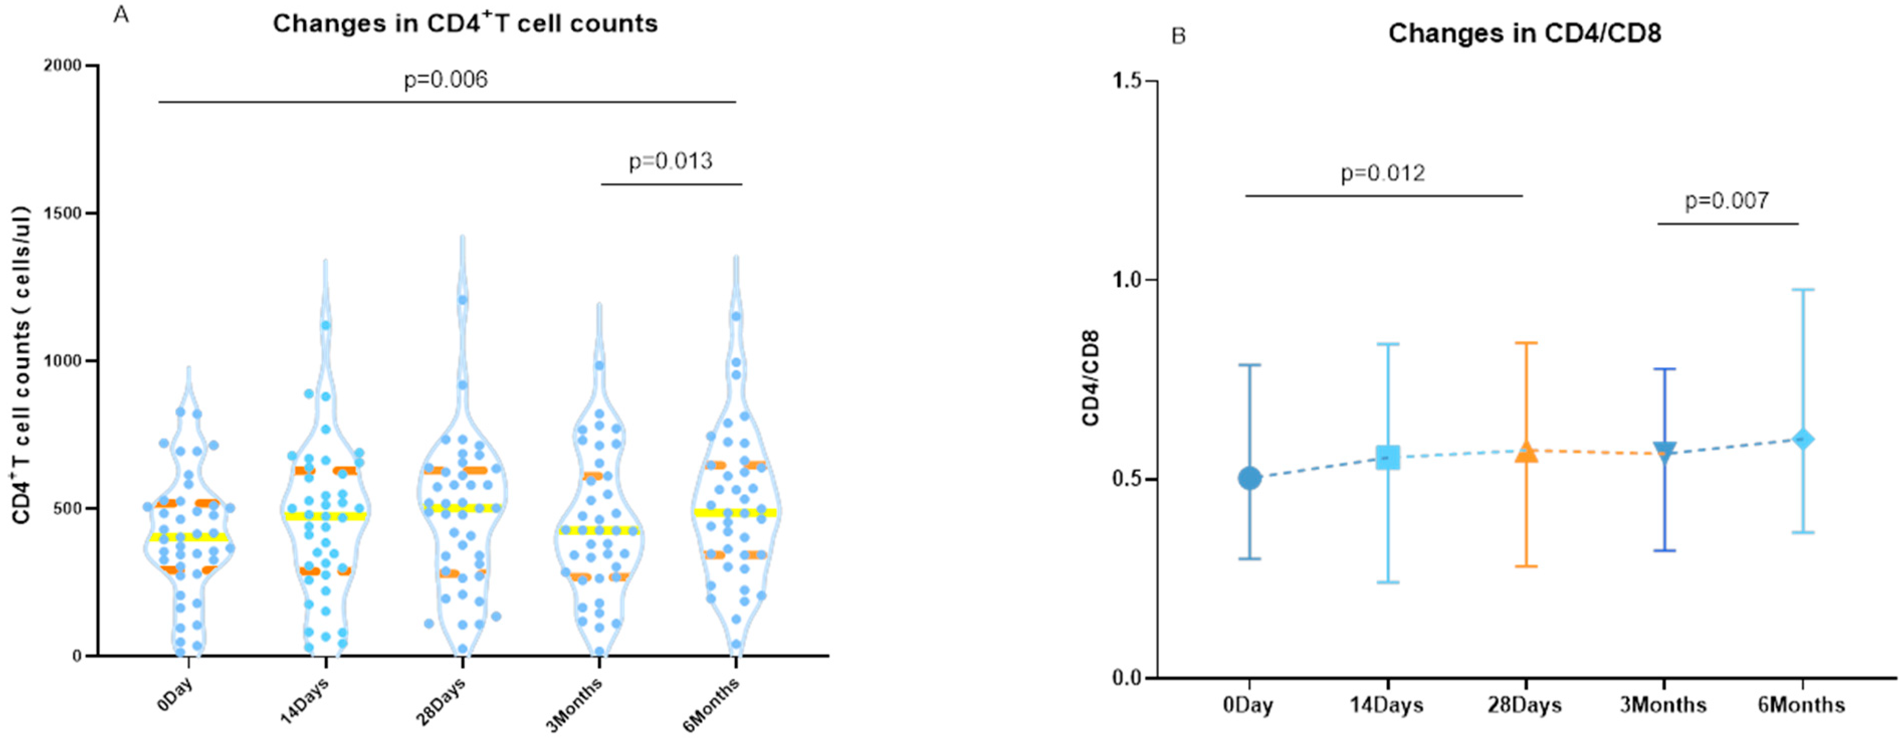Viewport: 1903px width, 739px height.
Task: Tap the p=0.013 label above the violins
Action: coord(670,161)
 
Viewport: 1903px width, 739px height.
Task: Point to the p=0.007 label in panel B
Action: coord(1727,201)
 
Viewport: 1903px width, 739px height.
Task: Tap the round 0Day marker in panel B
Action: coord(1249,478)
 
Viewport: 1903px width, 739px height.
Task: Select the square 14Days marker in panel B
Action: coord(1388,458)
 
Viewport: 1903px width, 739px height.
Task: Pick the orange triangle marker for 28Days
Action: coord(1526,452)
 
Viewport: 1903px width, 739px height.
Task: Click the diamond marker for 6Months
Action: coord(1803,439)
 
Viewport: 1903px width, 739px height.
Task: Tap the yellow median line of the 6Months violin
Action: coord(735,512)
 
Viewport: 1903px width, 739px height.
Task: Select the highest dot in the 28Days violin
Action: coord(463,300)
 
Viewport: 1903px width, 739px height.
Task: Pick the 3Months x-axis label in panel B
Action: coord(1663,705)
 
